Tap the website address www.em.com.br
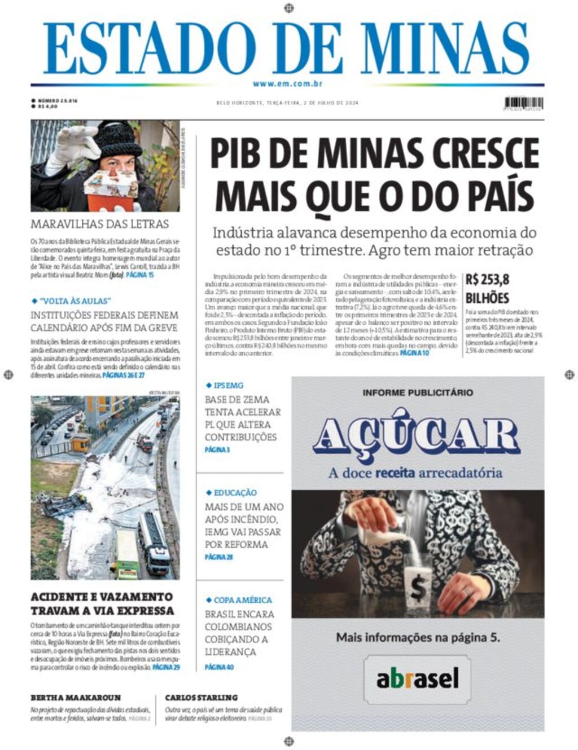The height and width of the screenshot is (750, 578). pos(288,84)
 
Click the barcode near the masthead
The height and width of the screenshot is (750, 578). pos(524,103)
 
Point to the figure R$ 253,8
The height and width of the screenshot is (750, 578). pos(488,279)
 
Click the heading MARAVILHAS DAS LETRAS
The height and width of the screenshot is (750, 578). pos(100,224)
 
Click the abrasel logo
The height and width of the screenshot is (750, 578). pos(418,678)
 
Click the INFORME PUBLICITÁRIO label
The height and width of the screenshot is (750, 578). pos(418,392)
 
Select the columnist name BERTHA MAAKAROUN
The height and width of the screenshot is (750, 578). pos(76,698)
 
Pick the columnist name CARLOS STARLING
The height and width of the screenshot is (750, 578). pos(202,698)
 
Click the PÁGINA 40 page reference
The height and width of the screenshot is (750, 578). pos(219,667)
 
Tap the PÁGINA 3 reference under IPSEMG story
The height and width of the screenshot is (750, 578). pos(217,450)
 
